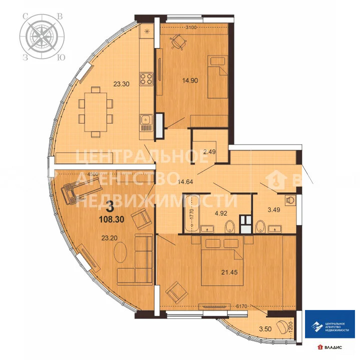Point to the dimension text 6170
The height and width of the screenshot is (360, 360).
(x=236, y=303)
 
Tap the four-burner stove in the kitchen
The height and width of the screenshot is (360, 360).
(x=145, y=78)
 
